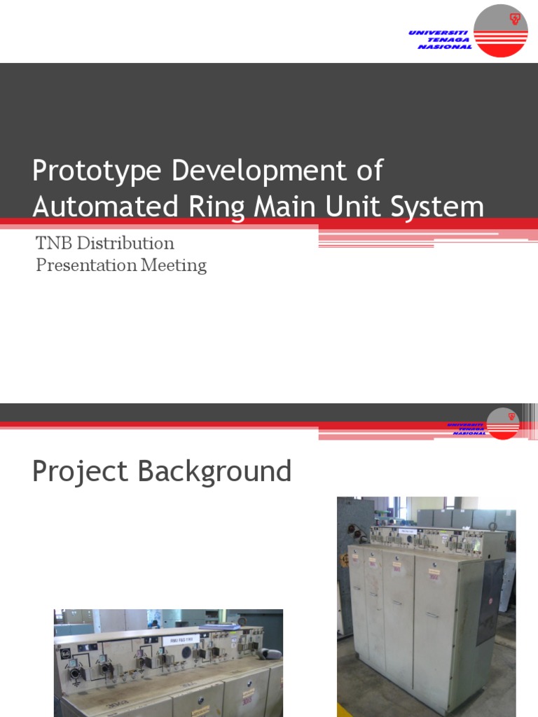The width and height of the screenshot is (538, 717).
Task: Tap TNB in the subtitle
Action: [x=54, y=244]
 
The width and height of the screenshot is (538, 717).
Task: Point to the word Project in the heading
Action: [x=82, y=472]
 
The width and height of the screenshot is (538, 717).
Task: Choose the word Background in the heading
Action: [x=214, y=472]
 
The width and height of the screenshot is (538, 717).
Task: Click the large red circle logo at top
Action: [x=500, y=31]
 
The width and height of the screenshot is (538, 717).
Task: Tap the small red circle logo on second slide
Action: [x=503, y=424]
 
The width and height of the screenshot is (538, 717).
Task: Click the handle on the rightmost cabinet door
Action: [x=433, y=615]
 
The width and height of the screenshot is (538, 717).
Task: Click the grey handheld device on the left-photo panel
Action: [x=270, y=653]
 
